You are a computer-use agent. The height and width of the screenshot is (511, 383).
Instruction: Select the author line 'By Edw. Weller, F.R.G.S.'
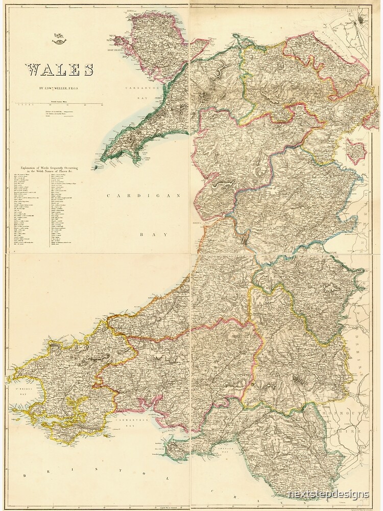57,87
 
